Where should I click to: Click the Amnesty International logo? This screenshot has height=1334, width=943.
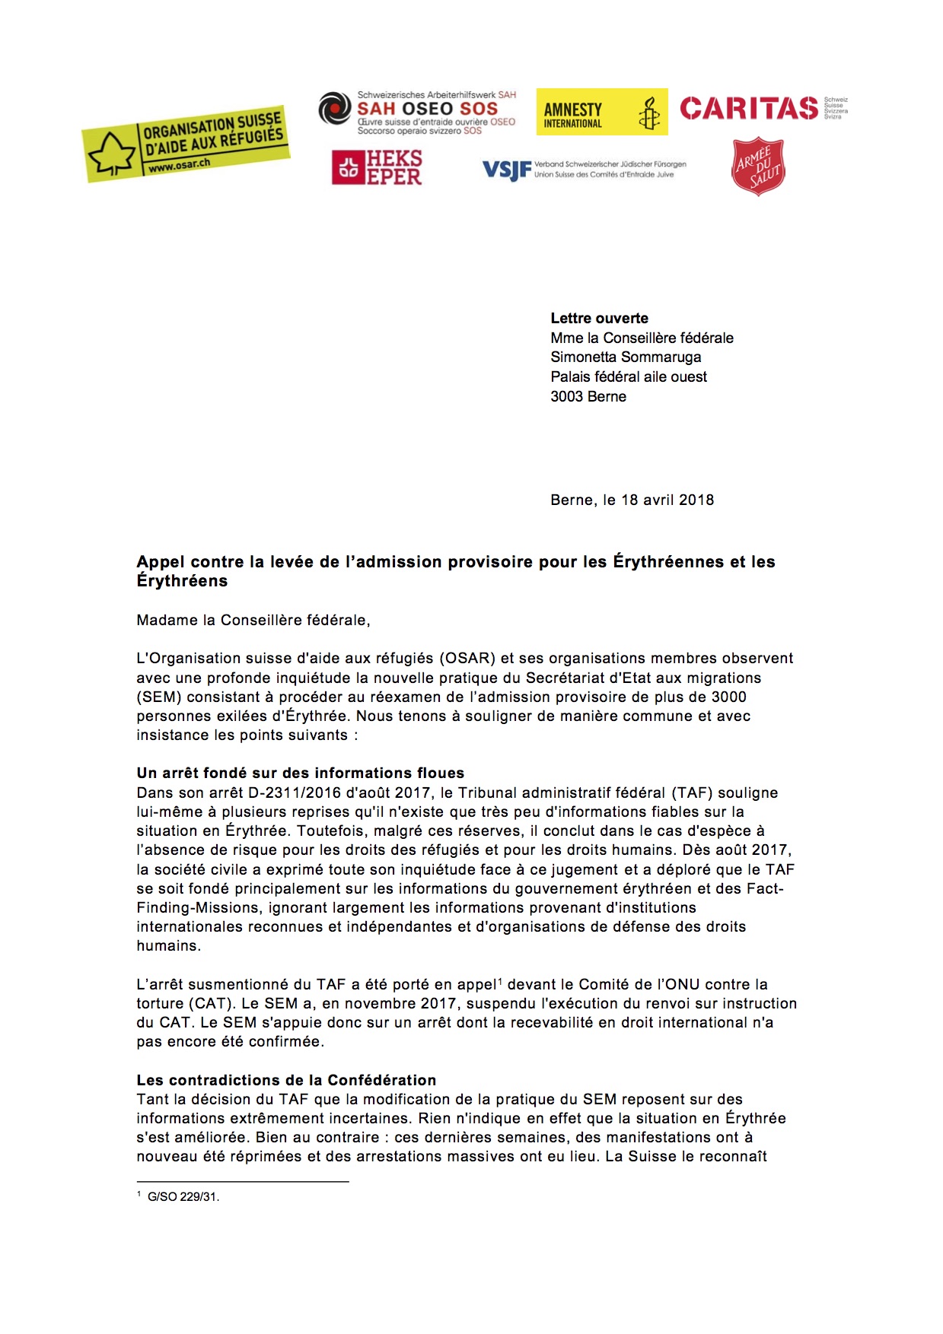601,113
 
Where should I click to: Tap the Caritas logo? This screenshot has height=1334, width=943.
749,109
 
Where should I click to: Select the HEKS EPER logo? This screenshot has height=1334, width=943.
377,167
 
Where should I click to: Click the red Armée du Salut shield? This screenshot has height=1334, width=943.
757,167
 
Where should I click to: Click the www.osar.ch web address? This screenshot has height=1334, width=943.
180,164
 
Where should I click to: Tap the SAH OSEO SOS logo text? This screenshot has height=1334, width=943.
428,110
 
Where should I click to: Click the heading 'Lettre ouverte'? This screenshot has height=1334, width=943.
600,319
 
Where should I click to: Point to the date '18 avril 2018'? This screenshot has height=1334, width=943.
667,500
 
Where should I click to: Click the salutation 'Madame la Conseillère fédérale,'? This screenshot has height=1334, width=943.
253,621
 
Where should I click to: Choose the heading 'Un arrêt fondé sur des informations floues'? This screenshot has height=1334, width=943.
301,773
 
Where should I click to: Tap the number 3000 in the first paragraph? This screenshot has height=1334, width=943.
728,697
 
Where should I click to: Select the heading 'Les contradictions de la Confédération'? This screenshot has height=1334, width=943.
287,1081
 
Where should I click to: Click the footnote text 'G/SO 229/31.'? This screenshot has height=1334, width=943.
183,1197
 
